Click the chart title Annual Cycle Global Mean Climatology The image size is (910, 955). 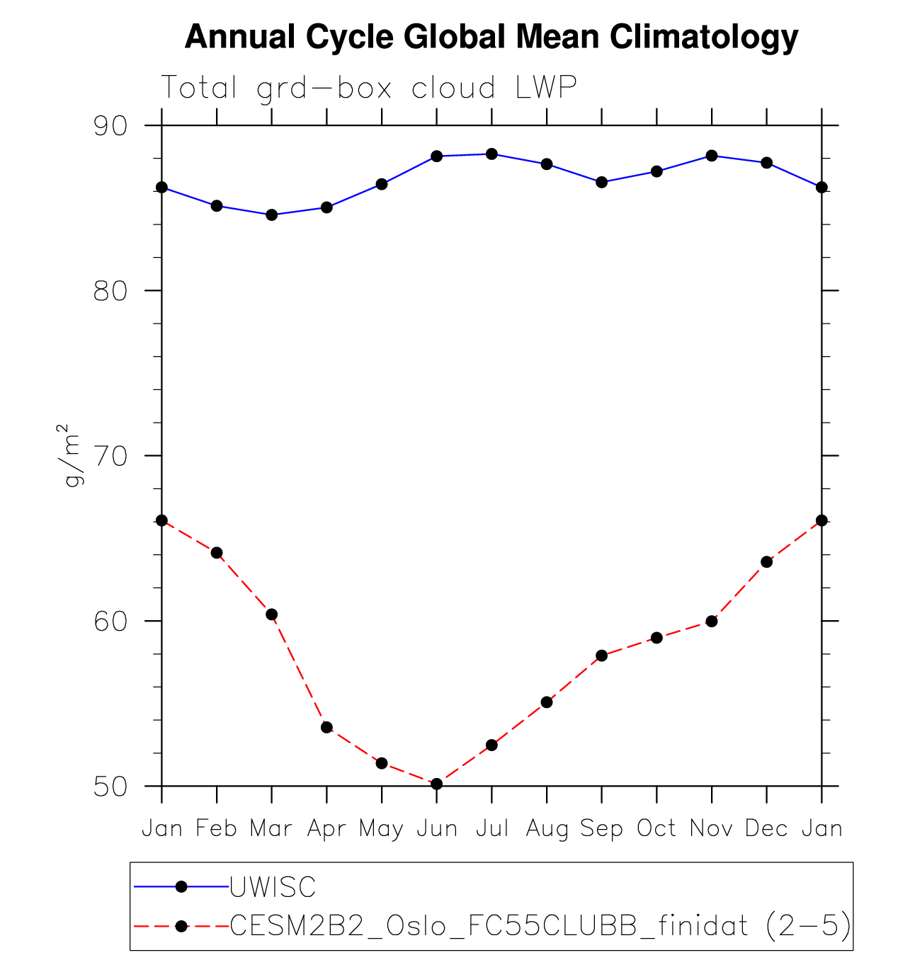pyautogui.click(x=491, y=37)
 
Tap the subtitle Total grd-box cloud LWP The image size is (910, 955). pyautogui.click(x=369, y=88)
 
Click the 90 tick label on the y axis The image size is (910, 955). pyautogui.click(x=110, y=126)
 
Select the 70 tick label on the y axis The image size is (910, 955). pyautogui.click(x=110, y=456)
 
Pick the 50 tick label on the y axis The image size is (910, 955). pyautogui.click(x=110, y=786)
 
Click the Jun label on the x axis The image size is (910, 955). pyautogui.click(x=436, y=828)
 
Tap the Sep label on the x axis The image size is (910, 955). pyautogui.click(x=601, y=828)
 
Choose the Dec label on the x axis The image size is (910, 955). pyautogui.click(x=766, y=828)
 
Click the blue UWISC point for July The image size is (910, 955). pyautogui.click(x=491, y=154)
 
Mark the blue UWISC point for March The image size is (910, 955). pyautogui.click(x=271, y=215)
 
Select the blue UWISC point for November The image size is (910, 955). pyautogui.click(x=712, y=156)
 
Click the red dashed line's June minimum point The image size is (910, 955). pyautogui.click(x=436, y=784)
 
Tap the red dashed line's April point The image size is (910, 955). pyautogui.click(x=326, y=727)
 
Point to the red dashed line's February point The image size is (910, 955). pyautogui.click(x=217, y=552)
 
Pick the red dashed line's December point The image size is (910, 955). pyautogui.click(x=766, y=561)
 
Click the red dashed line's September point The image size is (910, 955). pyautogui.click(x=601, y=656)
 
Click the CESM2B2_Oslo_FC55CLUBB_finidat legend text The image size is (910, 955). pyautogui.click(x=489, y=925)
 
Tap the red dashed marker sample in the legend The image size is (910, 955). pyautogui.click(x=181, y=926)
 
